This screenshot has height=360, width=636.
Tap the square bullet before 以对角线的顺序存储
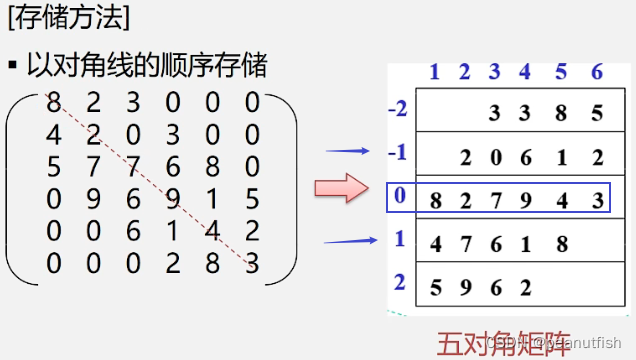point(13,65)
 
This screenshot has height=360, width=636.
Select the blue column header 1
point(434,71)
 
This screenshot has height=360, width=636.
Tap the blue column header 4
point(524,71)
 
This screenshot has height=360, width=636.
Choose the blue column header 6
point(596,71)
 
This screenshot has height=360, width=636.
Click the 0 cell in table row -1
point(495,156)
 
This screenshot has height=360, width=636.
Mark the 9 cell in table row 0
point(527,199)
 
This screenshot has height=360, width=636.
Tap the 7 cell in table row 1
point(465,243)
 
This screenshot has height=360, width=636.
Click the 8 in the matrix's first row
point(52,101)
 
